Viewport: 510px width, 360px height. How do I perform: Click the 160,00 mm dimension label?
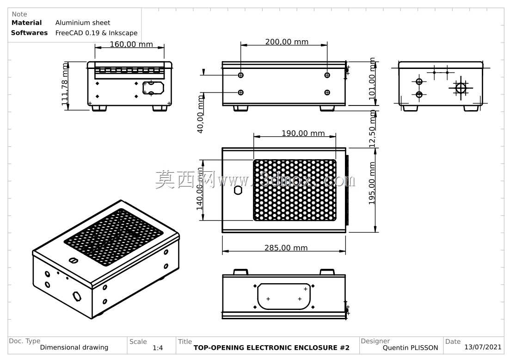131,44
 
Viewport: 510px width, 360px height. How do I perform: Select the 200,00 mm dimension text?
287,42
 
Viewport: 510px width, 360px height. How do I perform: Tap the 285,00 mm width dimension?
286,248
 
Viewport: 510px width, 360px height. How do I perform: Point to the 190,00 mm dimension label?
303,133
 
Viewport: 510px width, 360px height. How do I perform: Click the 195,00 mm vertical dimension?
372,183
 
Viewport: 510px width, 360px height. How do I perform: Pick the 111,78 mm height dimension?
65,84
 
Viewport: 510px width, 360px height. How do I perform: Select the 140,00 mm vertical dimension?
199,189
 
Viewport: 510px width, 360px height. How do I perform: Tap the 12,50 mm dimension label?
372,129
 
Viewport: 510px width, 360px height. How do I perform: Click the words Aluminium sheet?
83,23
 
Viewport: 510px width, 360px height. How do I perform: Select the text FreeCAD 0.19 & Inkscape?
96,33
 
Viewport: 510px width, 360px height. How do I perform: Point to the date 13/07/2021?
483,347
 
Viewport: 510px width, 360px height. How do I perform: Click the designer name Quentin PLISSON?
410,348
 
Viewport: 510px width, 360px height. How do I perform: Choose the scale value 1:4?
158,348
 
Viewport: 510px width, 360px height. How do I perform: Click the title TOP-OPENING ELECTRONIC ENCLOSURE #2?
271,348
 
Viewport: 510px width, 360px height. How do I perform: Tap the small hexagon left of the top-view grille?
238,190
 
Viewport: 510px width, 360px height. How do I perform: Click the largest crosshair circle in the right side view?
461,88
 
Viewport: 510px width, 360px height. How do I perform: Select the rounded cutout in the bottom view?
284,296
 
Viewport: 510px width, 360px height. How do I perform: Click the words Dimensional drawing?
74,348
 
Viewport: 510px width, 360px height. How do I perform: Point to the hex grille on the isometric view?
114,237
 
